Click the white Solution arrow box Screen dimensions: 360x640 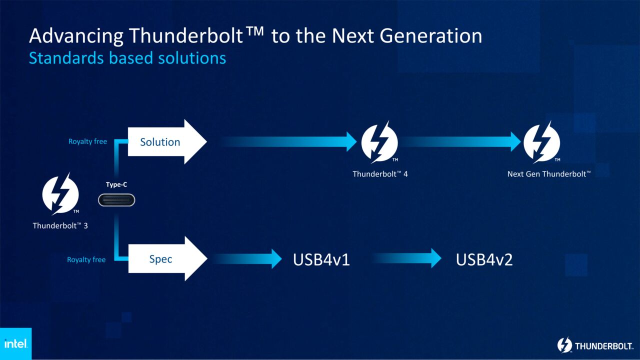click(x=165, y=142)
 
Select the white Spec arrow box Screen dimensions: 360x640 click(x=165, y=259)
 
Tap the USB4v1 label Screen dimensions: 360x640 click(x=321, y=259)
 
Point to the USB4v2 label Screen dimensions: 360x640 click(x=484, y=259)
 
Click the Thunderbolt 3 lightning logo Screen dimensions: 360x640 click(x=59, y=194)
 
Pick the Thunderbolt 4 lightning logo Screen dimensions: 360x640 click(x=379, y=142)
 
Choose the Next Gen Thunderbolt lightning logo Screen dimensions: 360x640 click(x=541, y=142)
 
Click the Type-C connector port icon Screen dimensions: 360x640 click(x=116, y=200)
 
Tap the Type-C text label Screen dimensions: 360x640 click(x=116, y=185)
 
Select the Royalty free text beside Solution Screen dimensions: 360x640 click(x=87, y=141)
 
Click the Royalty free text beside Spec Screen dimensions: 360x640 click(x=86, y=259)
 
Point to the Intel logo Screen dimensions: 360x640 click(x=15, y=343)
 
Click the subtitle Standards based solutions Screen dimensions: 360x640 click(x=127, y=58)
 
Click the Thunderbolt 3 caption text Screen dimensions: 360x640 click(x=60, y=225)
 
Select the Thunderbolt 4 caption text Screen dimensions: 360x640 click(x=380, y=174)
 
